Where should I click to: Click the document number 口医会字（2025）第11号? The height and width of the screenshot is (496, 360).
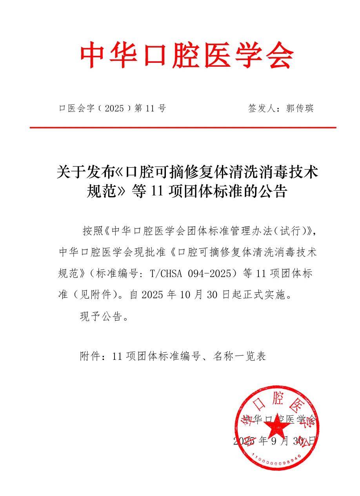[112, 109]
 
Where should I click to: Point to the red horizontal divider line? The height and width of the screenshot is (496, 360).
[183, 128]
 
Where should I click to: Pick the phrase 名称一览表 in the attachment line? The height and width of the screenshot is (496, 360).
[240, 356]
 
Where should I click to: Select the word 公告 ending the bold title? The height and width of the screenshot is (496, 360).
[275, 192]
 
